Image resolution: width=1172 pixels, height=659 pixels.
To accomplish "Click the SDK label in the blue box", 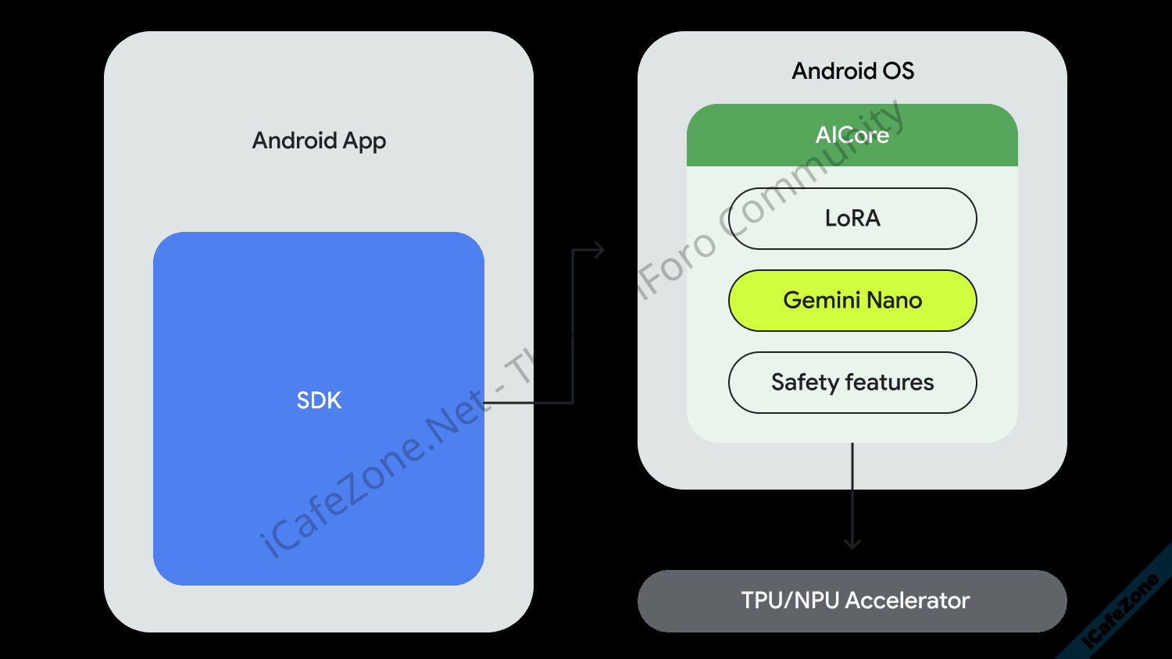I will [319, 401].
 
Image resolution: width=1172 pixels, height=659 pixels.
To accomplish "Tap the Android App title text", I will [319, 141].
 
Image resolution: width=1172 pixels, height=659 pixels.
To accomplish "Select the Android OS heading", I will [852, 71].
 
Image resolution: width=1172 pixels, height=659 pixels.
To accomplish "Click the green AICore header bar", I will [852, 135].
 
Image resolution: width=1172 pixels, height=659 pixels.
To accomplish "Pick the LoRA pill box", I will [852, 219].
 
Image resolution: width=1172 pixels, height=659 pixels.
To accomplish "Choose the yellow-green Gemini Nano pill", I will [852, 301].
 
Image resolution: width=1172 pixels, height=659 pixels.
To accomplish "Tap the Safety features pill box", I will [852, 383].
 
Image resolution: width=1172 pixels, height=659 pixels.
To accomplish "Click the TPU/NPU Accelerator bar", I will [852, 600].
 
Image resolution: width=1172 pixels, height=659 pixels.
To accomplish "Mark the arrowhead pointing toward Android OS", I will [599, 250].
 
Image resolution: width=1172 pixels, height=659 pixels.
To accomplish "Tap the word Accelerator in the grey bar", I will [907, 600].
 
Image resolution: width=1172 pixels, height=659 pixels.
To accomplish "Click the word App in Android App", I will [364, 141].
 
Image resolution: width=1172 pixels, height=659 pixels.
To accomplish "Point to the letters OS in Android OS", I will [898, 71].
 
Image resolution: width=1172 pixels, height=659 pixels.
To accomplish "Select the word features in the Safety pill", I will [889, 383].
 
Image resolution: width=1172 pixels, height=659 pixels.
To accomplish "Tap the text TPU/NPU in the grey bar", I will [790, 600].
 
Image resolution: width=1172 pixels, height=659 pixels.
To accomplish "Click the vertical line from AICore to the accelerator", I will [852, 492].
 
